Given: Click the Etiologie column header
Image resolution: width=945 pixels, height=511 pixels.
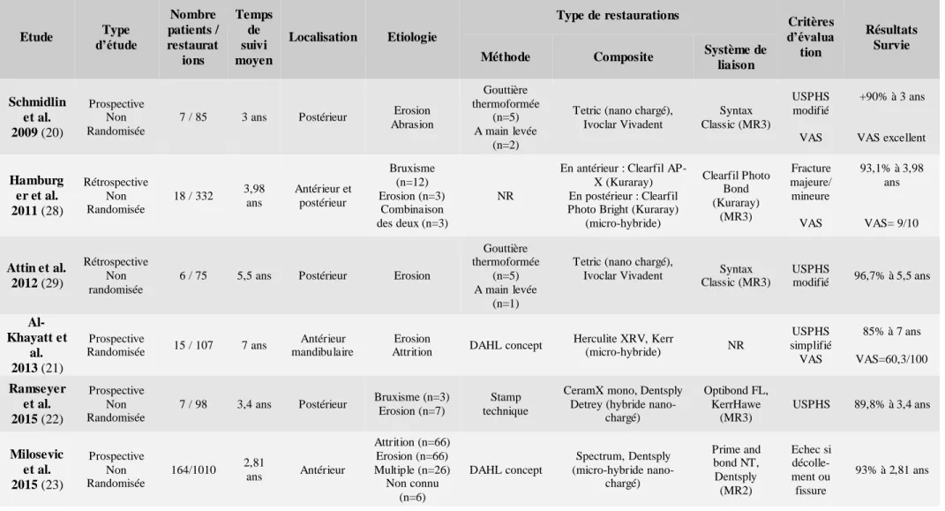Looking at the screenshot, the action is click(x=412, y=37).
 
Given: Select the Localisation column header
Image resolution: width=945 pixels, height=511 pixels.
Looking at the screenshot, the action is click(x=323, y=37).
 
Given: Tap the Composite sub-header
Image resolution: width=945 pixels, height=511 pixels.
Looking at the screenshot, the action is click(x=623, y=56).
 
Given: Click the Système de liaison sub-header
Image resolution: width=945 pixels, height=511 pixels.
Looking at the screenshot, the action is click(x=735, y=56).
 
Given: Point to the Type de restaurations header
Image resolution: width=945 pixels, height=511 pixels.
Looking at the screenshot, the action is click(x=618, y=15).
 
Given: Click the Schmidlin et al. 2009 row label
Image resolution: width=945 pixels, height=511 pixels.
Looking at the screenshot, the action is click(x=37, y=116).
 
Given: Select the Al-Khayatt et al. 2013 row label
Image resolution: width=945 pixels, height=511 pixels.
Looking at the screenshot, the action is click(x=37, y=345).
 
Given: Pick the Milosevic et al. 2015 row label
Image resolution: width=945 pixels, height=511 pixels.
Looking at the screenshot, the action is click(x=37, y=470).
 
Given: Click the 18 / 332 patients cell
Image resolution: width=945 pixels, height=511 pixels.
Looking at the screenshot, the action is click(x=193, y=196).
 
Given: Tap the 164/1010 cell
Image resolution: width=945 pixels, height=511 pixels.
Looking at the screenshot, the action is click(x=193, y=470).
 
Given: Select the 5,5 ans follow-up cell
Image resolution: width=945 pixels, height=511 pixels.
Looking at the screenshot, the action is click(x=254, y=275).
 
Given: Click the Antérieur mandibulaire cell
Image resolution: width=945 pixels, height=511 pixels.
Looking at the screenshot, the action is click(x=322, y=345).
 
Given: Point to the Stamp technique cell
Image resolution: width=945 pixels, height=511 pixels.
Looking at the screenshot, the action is click(x=505, y=403).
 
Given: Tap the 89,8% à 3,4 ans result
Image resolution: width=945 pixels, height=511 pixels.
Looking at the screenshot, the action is click(x=891, y=404).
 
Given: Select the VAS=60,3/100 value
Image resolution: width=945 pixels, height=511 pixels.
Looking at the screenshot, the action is click(x=891, y=359).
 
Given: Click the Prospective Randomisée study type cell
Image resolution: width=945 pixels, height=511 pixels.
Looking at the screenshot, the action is click(x=116, y=345).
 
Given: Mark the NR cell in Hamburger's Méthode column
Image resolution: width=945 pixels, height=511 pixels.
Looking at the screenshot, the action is click(x=505, y=196).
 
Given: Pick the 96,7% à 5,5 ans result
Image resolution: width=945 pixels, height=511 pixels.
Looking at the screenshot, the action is click(x=891, y=275).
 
